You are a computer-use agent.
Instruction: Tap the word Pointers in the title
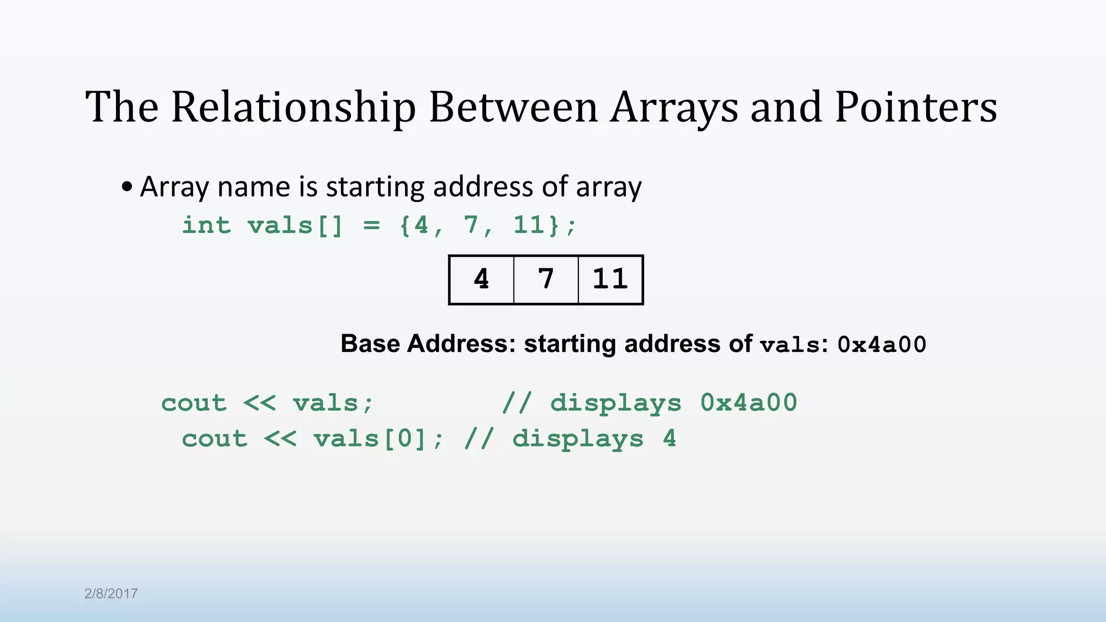[x=916, y=107]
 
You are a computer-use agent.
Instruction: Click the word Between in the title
[x=513, y=107]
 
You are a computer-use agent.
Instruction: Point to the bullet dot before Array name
[x=127, y=187]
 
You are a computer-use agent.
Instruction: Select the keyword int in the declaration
[x=206, y=225]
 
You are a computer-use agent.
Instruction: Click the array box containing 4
[x=481, y=280]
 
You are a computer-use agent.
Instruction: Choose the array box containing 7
[x=546, y=280]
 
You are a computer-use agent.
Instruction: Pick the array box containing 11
[x=610, y=280]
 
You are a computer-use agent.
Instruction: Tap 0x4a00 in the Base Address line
[x=881, y=344]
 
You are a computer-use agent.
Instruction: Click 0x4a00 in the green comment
[x=748, y=403]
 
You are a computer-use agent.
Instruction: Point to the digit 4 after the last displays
[x=669, y=438]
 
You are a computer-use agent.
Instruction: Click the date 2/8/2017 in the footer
[x=111, y=593]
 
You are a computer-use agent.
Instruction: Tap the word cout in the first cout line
[x=194, y=403]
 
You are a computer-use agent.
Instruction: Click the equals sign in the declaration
[x=372, y=225]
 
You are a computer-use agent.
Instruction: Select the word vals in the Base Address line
[x=790, y=344]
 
